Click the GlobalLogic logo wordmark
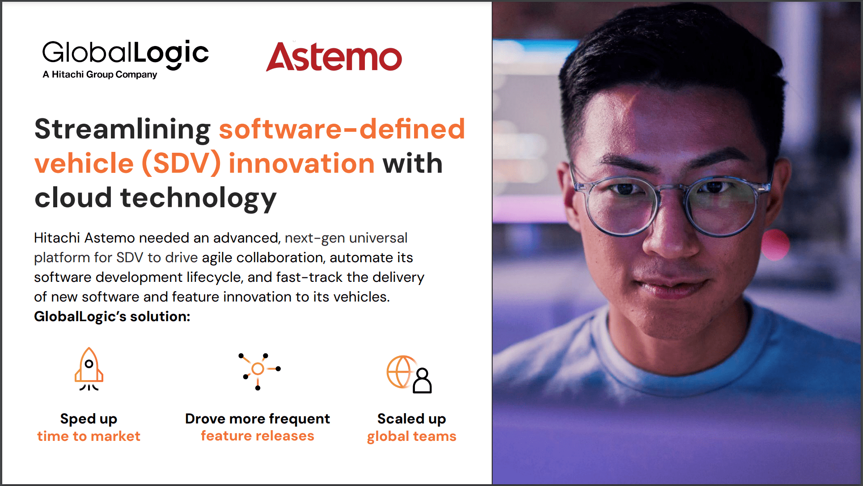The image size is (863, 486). (125, 54)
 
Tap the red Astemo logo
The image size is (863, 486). (334, 57)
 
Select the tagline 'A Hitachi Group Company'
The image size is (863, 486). (100, 75)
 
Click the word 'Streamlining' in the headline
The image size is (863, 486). (122, 130)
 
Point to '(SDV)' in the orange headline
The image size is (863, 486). (181, 163)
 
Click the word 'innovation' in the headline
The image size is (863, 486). (301, 163)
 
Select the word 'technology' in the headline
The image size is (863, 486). (199, 198)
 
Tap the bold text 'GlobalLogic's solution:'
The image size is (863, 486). (112, 317)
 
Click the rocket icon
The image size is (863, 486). (89, 369)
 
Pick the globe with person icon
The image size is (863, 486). (409, 374)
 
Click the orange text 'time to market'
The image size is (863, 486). (89, 436)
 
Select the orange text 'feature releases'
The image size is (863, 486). (258, 436)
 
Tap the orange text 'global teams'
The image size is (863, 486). (412, 436)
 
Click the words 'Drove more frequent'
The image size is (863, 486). (258, 419)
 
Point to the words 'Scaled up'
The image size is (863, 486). (412, 419)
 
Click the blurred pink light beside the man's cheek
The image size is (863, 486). (775, 244)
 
